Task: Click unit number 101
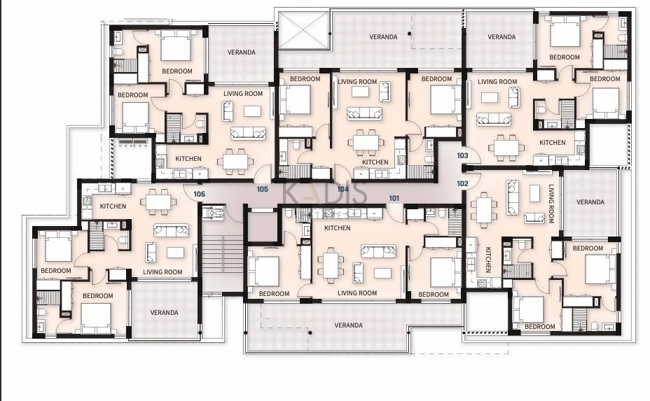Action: tap(394, 198)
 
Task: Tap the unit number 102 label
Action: tap(462, 183)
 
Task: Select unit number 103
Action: tap(462, 155)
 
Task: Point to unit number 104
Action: tap(343, 189)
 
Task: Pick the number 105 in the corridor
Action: tap(262, 189)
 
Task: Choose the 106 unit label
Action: tap(199, 194)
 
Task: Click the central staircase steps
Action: tap(222, 258)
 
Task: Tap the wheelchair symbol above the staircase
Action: tap(214, 213)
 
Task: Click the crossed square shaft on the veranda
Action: tap(303, 30)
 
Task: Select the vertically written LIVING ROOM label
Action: tap(551, 204)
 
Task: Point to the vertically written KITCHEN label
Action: tap(488, 260)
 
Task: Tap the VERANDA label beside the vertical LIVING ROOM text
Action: tap(590, 202)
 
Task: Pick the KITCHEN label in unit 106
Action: tap(113, 206)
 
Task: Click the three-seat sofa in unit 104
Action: tap(364, 113)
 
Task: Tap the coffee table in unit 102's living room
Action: tap(534, 193)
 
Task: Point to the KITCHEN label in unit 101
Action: tap(337, 228)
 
